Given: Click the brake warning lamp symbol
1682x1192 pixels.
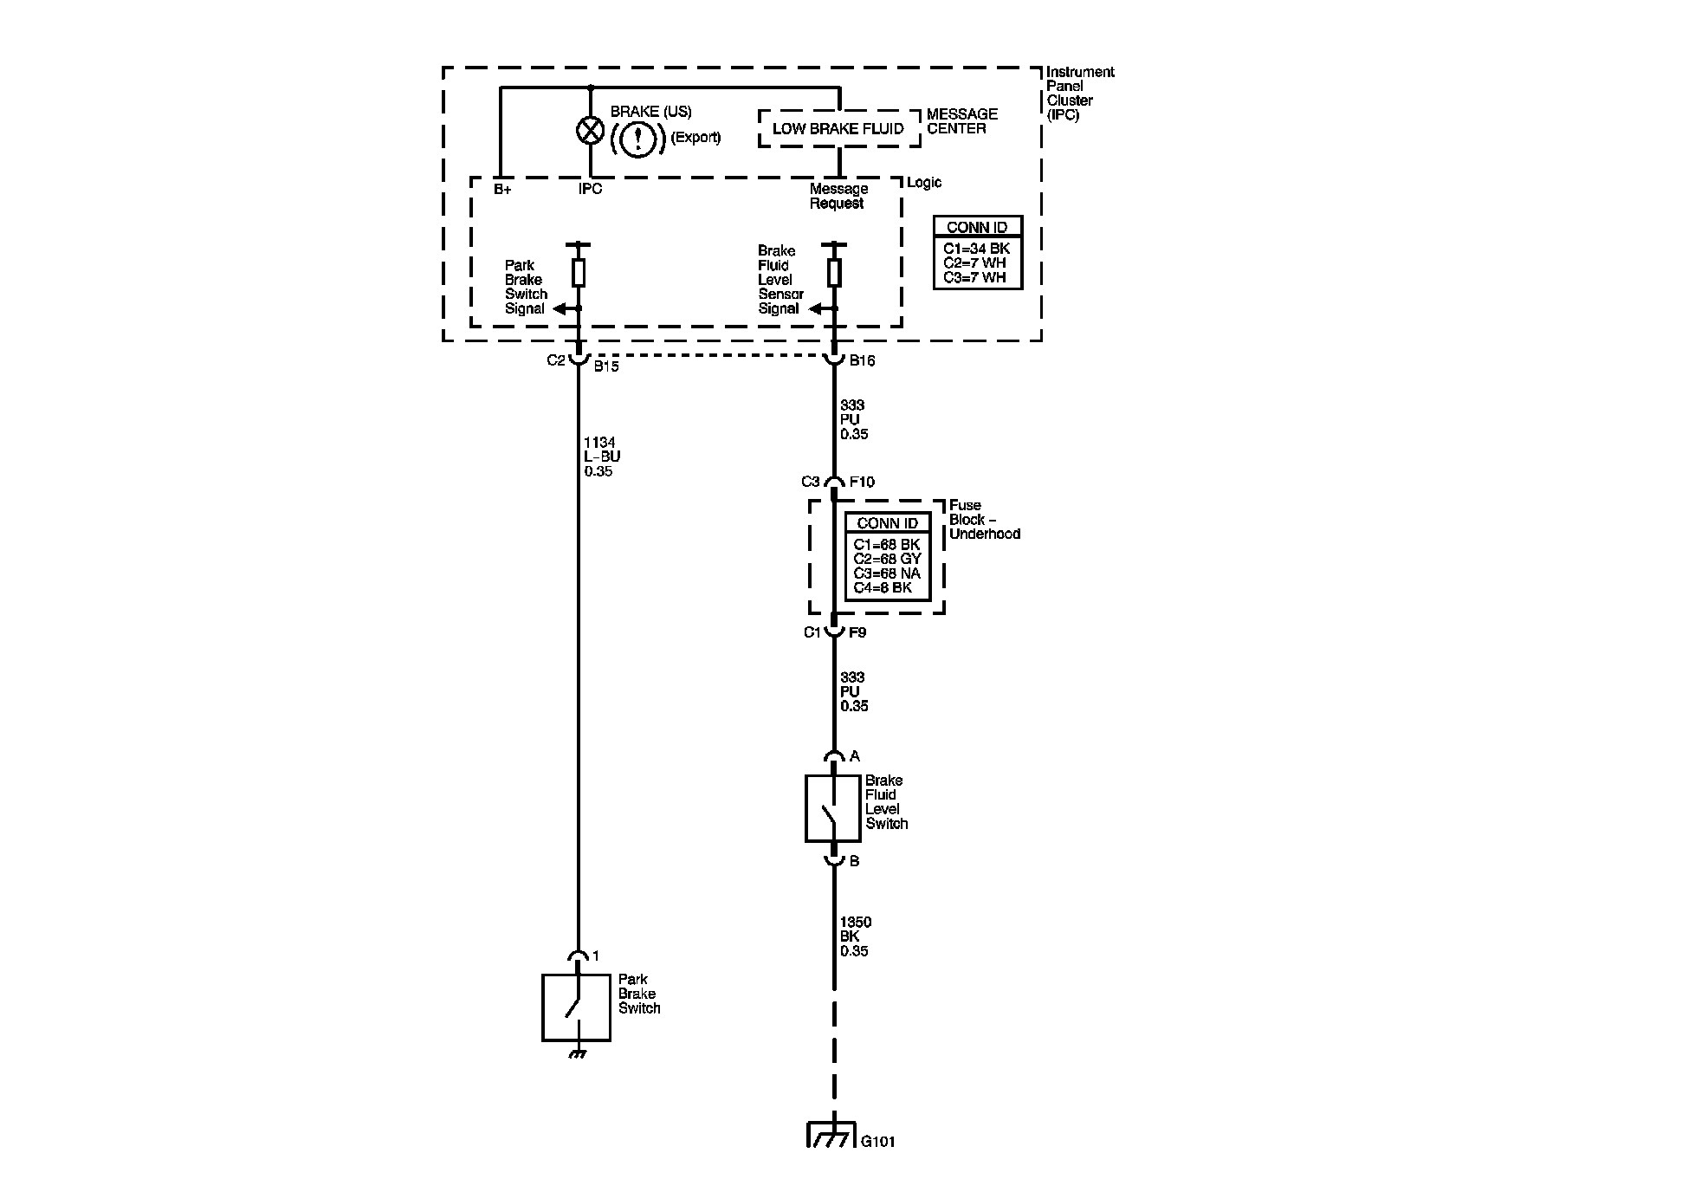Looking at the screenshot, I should [x=590, y=131].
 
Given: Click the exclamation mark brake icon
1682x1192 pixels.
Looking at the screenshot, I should [x=637, y=138].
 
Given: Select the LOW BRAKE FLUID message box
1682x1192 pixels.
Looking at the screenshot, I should [x=838, y=128].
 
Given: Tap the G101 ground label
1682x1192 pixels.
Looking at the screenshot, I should [x=877, y=1142].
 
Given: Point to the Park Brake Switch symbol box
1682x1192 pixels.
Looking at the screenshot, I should [x=576, y=1007].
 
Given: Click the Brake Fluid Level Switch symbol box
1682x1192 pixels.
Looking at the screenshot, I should [x=832, y=808].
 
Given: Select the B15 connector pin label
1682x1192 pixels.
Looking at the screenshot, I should [x=606, y=366].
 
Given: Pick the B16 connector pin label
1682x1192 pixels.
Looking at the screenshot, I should [x=862, y=361].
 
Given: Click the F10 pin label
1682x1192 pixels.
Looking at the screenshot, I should [x=862, y=482].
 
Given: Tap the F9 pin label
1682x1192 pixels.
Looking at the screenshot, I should [x=857, y=632].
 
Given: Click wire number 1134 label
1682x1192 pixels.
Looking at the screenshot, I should [x=599, y=443].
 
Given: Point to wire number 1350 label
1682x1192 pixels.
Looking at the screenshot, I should [x=856, y=923].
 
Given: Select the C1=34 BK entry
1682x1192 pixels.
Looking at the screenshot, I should [x=976, y=249].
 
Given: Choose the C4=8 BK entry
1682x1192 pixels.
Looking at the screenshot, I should [x=883, y=587].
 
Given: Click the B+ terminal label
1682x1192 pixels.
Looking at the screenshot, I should [x=502, y=189].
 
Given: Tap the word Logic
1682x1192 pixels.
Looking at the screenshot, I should [x=924, y=183].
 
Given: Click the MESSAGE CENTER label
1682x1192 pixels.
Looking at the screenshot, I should [x=961, y=121].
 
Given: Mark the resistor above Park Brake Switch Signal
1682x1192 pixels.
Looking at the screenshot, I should [x=579, y=273].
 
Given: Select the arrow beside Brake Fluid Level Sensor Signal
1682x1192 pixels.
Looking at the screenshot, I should [x=818, y=308].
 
